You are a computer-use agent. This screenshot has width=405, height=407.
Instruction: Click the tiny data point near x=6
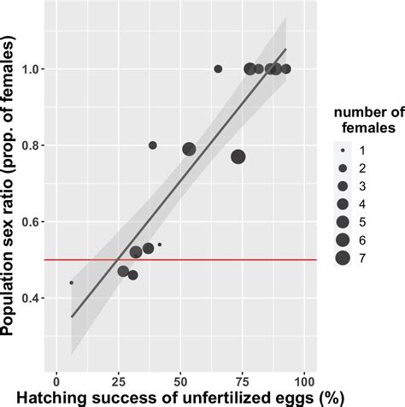point(71,282)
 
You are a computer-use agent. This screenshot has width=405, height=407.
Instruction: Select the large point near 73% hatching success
point(238,156)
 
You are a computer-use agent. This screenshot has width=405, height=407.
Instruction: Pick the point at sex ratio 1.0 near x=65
point(218,68)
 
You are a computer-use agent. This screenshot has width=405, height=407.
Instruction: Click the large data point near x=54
point(189,150)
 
